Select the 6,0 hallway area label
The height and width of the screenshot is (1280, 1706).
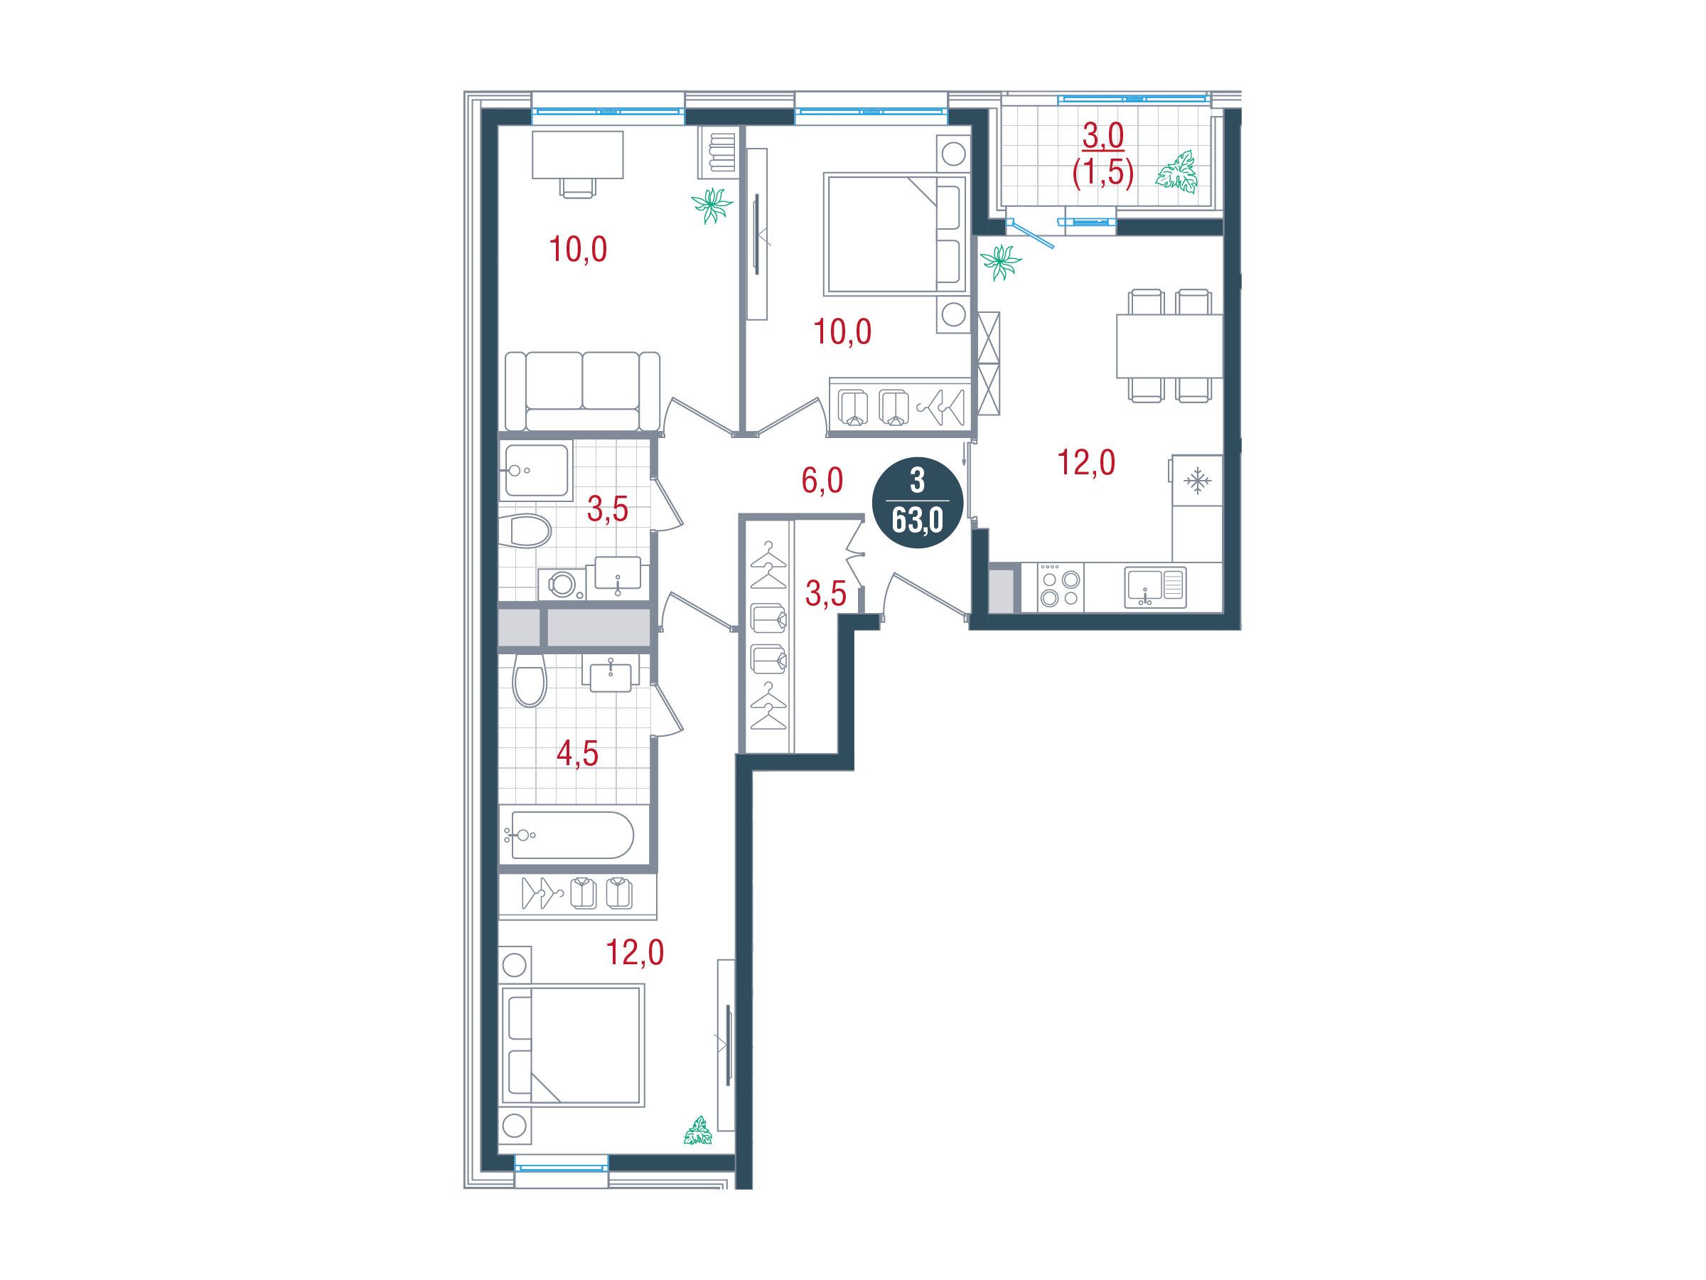tap(822, 481)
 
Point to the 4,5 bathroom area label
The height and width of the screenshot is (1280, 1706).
tap(578, 754)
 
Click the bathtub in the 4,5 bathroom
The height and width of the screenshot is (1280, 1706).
tap(567, 835)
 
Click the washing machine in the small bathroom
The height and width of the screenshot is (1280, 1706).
tap(562, 584)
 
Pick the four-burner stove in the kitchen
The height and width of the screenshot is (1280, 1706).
tap(1060, 587)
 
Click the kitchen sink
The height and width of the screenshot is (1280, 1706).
tap(1154, 588)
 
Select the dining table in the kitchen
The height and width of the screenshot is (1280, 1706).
tap(1169, 346)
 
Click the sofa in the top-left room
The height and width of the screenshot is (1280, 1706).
tap(582, 391)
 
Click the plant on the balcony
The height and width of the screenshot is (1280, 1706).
tap(1176, 171)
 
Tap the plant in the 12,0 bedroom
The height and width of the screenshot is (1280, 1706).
tap(699, 1131)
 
